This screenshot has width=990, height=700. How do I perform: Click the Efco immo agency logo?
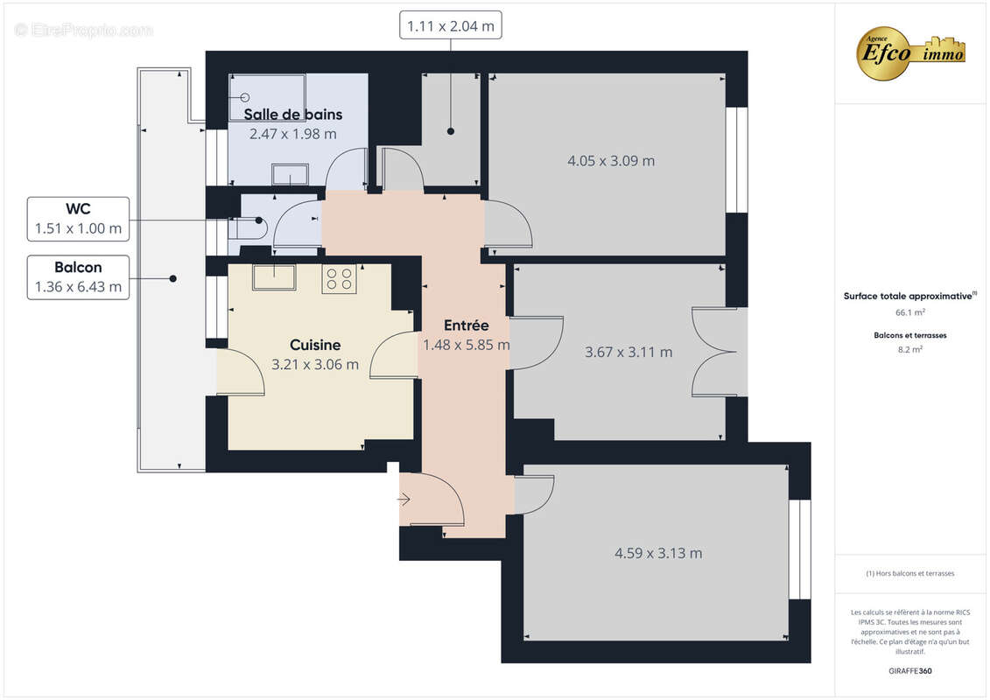tap(911, 52)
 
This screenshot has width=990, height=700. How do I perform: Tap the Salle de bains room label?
tap(292, 115)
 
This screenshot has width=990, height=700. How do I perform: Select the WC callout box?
tap(78, 220)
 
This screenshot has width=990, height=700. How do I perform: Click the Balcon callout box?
tap(78, 277)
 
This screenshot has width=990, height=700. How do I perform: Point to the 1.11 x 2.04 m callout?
tap(451, 26)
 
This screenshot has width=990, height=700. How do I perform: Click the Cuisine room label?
tap(315, 346)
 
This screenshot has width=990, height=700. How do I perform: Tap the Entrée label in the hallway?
tap(466, 325)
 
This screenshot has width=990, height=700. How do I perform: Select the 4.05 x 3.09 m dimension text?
tap(611, 161)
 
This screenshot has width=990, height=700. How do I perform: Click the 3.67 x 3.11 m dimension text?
tap(628, 352)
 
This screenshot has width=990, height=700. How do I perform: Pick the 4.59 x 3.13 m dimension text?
tap(658, 553)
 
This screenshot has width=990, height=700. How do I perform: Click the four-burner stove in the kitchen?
tap(339, 278)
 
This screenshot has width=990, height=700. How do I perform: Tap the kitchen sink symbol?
tap(274, 276)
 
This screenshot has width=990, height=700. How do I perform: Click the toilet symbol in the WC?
tap(250, 227)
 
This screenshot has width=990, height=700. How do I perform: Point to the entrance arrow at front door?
tap(404, 500)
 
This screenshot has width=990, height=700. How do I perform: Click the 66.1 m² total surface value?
tap(910, 311)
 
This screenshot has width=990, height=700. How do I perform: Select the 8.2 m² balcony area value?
tap(910, 348)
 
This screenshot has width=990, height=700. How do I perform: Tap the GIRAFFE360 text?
tap(910, 672)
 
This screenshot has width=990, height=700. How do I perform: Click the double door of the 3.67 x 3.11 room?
tap(715, 352)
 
